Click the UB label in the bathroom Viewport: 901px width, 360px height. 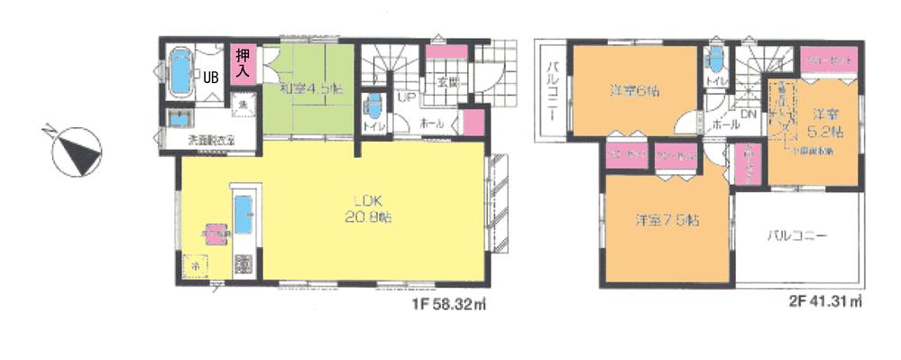(210, 77)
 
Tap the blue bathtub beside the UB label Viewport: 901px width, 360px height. (182, 71)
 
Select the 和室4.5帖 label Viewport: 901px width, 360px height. (309, 88)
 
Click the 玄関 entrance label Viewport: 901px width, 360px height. (448, 82)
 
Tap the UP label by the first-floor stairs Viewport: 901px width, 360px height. (406, 95)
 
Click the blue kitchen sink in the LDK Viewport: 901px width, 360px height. (244, 218)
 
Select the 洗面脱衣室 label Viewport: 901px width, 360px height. (211, 140)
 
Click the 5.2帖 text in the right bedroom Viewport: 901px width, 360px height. (824, 132)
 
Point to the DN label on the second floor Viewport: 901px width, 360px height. (749, 115)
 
